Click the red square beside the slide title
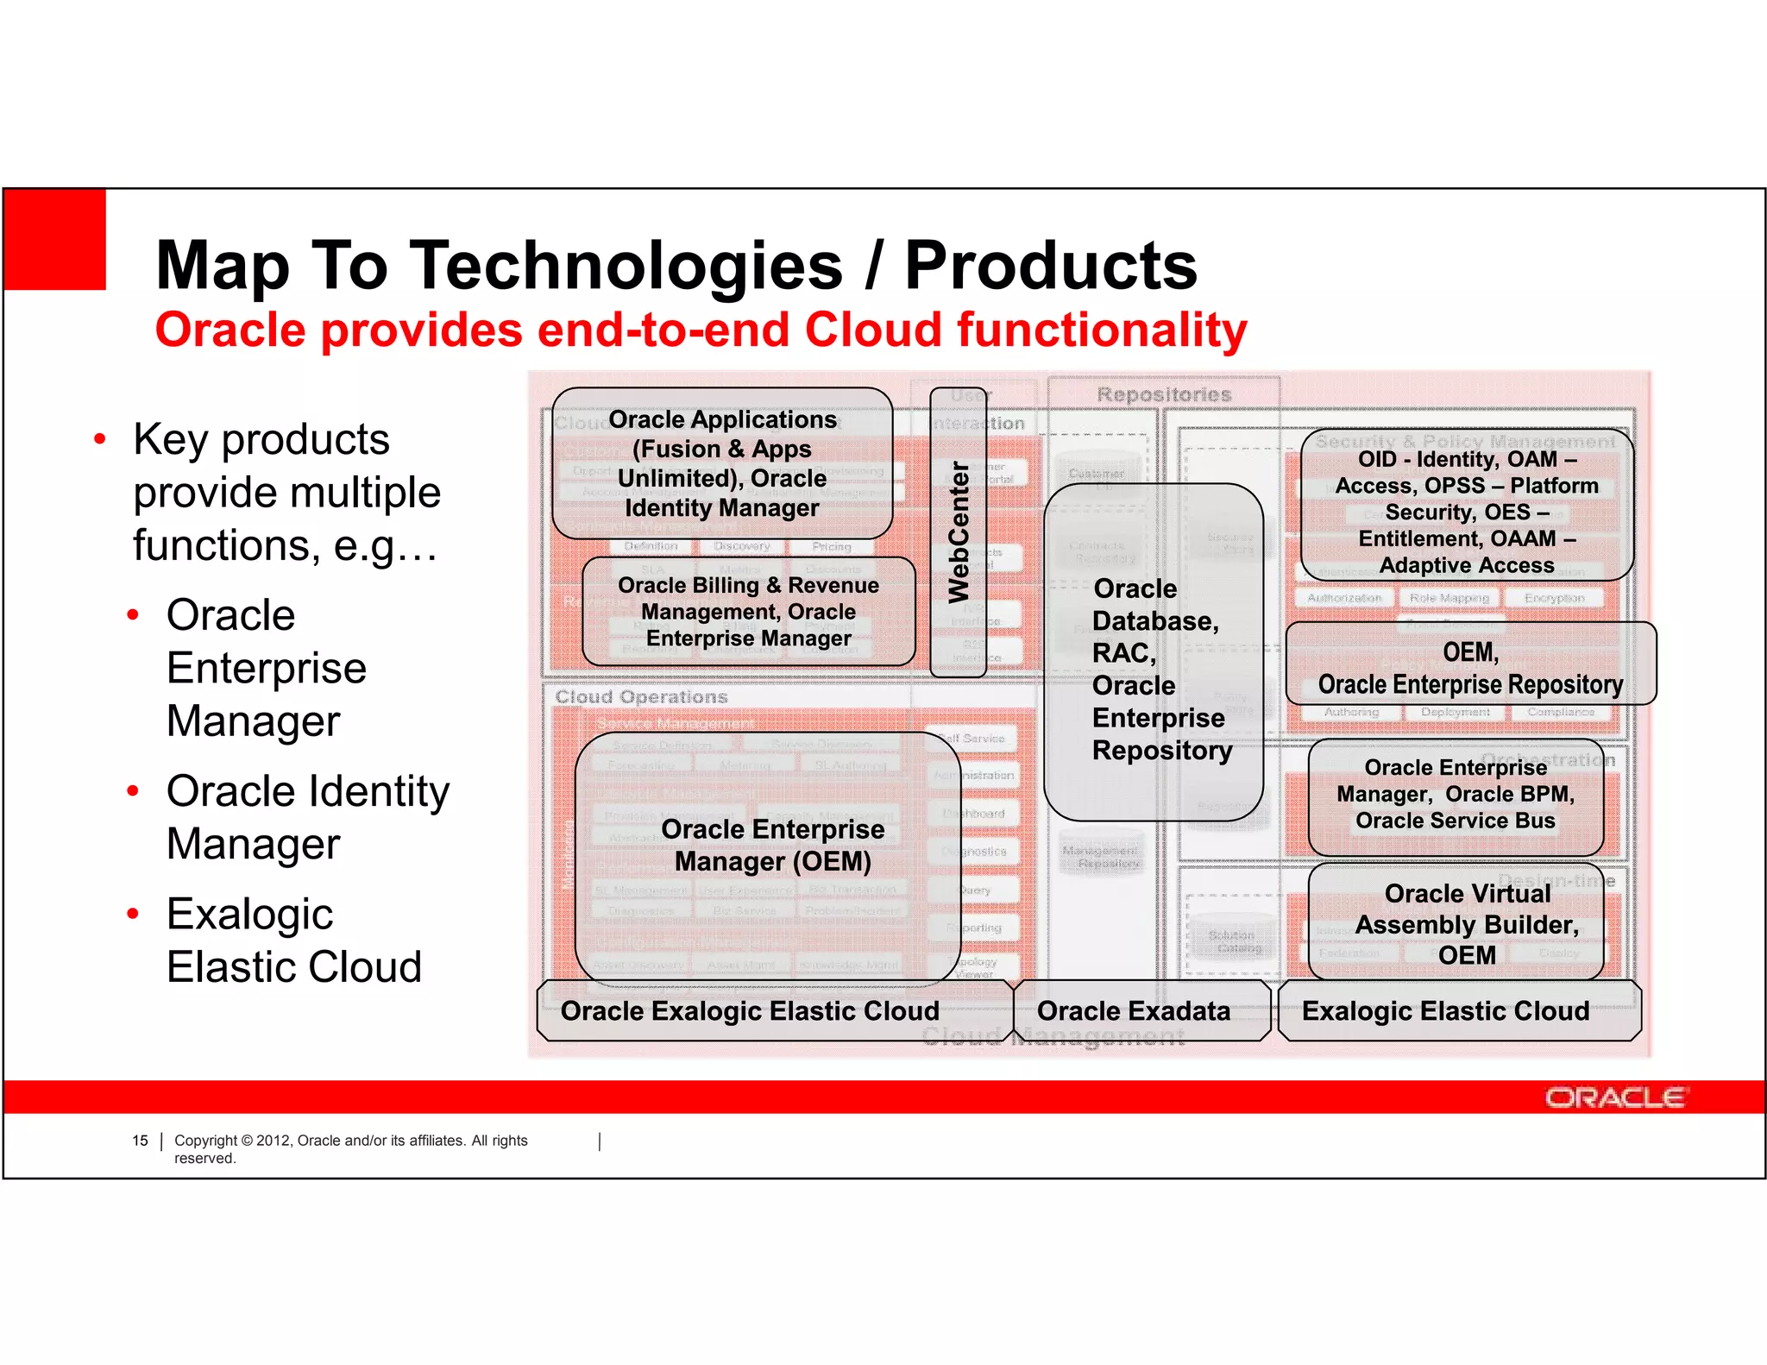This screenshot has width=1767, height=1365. pos(55,239)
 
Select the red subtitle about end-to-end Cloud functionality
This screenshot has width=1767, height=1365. pos(701,330)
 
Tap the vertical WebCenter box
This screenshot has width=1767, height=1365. pos(958,532)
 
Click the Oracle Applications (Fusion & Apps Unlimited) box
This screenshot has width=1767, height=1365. pos(722,463)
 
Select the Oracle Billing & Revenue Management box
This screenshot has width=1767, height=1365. pos(748,612)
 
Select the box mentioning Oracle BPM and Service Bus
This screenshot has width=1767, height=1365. pos(1456,795)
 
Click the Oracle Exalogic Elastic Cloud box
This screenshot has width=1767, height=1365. pos(749,1011)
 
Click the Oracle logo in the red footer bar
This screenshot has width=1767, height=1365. pos(1613,1098)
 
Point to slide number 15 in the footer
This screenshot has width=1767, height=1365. pos(140,1141)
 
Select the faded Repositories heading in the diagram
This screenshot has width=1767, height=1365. pos(1163,395)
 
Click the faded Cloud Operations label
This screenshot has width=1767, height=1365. pos(641,697)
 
